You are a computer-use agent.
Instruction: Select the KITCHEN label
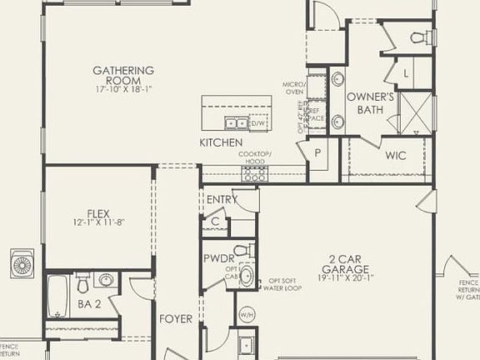(221, 143)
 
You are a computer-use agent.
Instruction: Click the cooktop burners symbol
(254, 174)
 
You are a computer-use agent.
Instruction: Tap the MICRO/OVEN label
(293, 89)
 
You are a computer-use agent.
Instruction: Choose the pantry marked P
(317, 152)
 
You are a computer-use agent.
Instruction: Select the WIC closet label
(395, 155)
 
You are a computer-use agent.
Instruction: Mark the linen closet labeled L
(406, 73)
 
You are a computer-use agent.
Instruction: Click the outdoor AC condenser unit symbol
(22, 264)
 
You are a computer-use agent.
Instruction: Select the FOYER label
(176, 318)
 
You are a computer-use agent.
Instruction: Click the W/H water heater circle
(247, 314)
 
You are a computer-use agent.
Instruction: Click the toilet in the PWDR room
(240, 250)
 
